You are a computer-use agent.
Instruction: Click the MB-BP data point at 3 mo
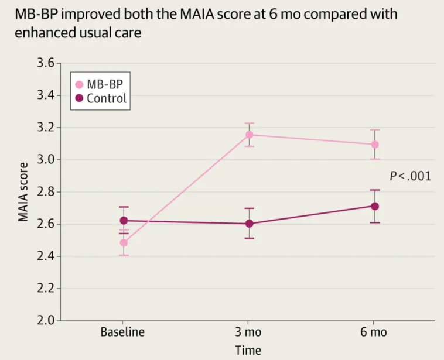click(249, 135)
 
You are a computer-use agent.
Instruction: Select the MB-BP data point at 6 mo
click(375, 144)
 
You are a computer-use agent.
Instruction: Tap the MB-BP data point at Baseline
click(124, 242)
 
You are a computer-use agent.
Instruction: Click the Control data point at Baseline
click(124, 221)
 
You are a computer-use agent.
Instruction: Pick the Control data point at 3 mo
click(249, 224)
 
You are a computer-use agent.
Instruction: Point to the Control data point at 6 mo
click(375, 206)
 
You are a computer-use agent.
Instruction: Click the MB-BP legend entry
click(100, 84)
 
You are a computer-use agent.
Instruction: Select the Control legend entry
click(100, 98)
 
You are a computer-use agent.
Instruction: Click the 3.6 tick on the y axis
click(46, 63)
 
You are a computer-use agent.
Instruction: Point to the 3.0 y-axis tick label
click(46, 160)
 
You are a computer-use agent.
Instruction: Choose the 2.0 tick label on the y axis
click(46, 321)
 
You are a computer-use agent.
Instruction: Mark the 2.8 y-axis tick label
click(46, 192)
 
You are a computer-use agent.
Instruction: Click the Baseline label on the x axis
click(122, 332)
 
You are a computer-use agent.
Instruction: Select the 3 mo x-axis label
click(248, 332)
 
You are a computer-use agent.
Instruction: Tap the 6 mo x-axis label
click(374, 332)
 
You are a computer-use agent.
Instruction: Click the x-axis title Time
click(248, 350)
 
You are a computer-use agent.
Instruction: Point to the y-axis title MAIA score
click(23, 191)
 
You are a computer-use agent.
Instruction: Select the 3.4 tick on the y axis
click(46, 95)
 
